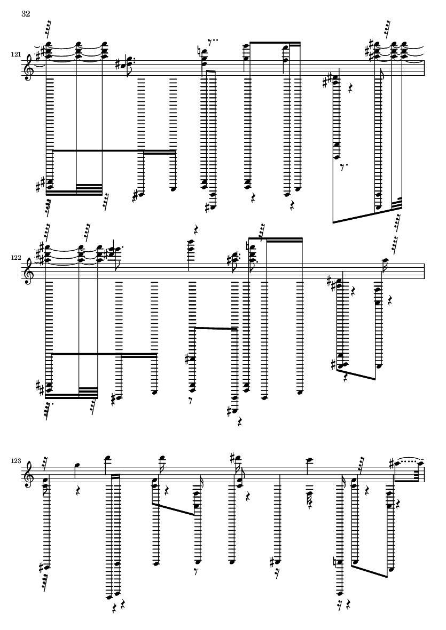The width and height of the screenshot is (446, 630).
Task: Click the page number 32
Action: [x=26, y=14]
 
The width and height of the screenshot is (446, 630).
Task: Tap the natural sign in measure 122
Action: [x=249, y=244]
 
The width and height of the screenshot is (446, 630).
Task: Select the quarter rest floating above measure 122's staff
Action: [x=196, y=230]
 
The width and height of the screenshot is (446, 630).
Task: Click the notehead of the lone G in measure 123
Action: [x=76, y=466]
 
